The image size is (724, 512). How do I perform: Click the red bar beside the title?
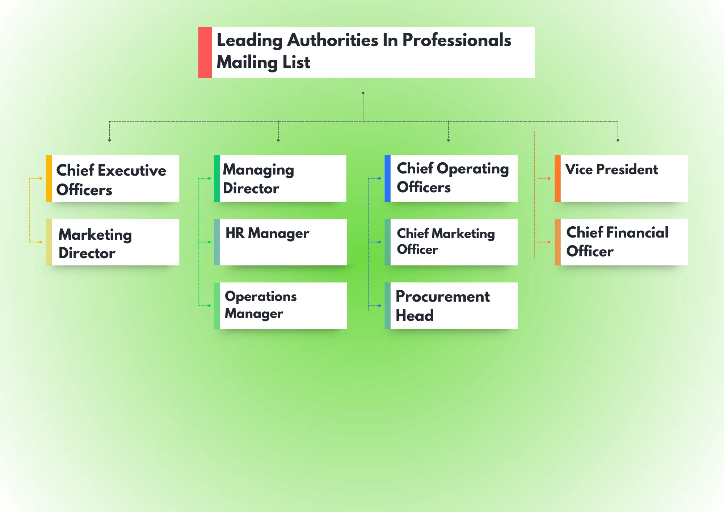(205, 52)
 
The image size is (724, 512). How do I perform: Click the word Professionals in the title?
(456, 40)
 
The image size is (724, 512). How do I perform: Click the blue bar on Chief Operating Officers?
(387, 179)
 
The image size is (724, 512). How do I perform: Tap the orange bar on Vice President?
(557, 179)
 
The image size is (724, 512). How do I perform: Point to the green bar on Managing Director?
(216, 179)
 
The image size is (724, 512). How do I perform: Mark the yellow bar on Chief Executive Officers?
(49, 179)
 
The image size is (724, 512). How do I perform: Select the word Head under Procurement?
(414, 315)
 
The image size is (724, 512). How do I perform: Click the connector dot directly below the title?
(363, 93)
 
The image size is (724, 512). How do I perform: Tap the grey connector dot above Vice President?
(618, 140)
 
